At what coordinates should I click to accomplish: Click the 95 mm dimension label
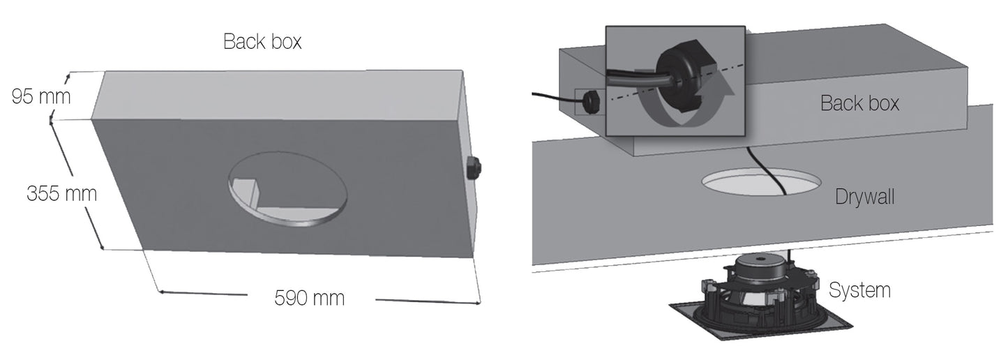41,97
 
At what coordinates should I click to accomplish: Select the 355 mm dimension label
61,193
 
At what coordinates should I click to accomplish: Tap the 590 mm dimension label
310,298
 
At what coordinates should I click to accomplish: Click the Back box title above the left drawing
262,41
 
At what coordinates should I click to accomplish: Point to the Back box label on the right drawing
859,103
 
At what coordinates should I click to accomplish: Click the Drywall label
864,197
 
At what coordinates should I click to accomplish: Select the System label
859,290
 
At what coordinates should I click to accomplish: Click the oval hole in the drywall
761,182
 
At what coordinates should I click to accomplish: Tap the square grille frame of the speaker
760,320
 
